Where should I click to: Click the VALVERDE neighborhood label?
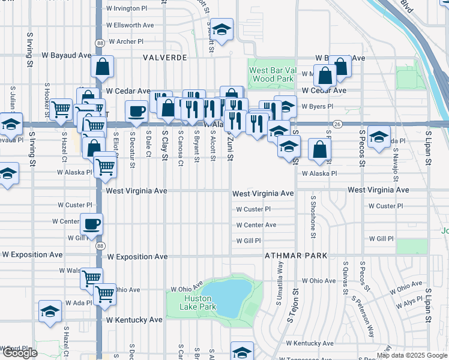[165, 58]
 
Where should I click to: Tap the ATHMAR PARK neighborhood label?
[296, 256]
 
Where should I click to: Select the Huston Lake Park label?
[197, 302]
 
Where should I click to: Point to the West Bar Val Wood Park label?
[271, 74]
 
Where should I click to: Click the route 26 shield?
[339, 124]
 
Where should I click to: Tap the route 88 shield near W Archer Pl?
[99, 43]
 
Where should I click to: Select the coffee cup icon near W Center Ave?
[91, 224]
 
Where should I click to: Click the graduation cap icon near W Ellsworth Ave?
[221, 29]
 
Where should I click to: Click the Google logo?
[19, 353]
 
